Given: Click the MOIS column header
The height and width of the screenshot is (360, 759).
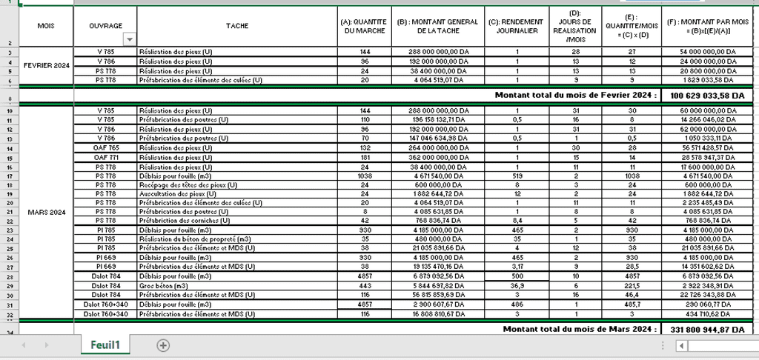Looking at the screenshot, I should click(x=46, y=26).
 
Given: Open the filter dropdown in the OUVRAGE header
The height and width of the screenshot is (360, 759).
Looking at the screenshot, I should click(x=130, y=39).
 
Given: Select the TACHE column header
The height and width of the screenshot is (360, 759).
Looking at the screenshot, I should click(x=237, y=26).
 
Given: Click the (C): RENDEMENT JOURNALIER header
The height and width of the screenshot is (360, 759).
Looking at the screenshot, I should click(x=516, y=26).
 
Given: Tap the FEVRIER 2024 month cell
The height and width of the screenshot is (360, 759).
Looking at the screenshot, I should click(x=46, y=65).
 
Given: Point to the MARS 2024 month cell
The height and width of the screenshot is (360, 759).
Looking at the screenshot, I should click(x=46, y=212).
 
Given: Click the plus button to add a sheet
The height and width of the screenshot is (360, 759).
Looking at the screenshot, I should click(x=163, y=345).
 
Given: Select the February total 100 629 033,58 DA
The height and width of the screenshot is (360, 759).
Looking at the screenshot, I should click(x=706, y=96).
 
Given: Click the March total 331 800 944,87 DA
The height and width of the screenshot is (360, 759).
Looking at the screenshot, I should click(x=706, y=328).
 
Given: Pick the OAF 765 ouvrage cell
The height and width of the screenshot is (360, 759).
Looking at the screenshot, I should click(x=105, y=147).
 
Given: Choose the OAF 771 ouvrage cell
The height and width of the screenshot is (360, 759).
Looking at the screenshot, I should click(x=105, y=157).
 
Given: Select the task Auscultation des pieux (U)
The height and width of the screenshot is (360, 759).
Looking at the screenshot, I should click(x=181, y=193).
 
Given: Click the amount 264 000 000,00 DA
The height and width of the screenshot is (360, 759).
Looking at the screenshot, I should click(x=437, y=147).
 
